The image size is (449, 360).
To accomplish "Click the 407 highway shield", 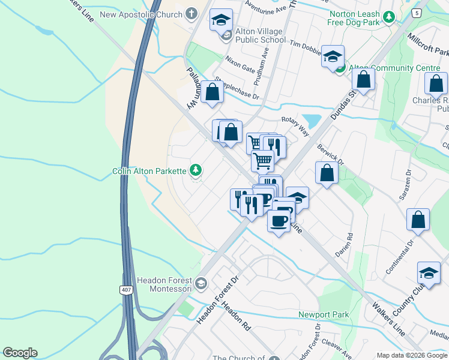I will [x=125, y=290].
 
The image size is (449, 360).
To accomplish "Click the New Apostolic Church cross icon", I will [x=191, y=13].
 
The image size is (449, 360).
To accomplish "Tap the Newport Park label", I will [x=324, y=314].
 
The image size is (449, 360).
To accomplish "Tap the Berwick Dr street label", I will [x=330, y=154].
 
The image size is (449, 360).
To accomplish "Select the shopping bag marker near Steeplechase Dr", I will [x=212, y=92].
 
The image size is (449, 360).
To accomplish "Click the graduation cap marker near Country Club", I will [x=429, y=274].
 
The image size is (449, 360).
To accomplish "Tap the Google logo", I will [x=20, y=353].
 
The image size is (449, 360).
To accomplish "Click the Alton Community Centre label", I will [x=394, y=68].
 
